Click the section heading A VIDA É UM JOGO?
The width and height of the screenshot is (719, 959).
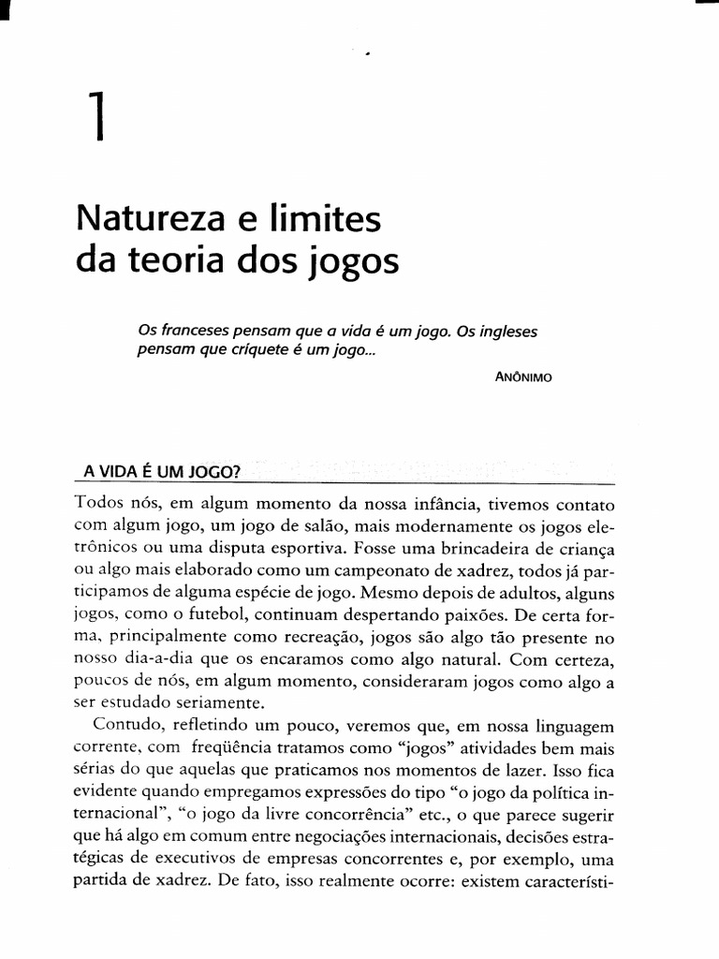(x=155, y=471)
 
